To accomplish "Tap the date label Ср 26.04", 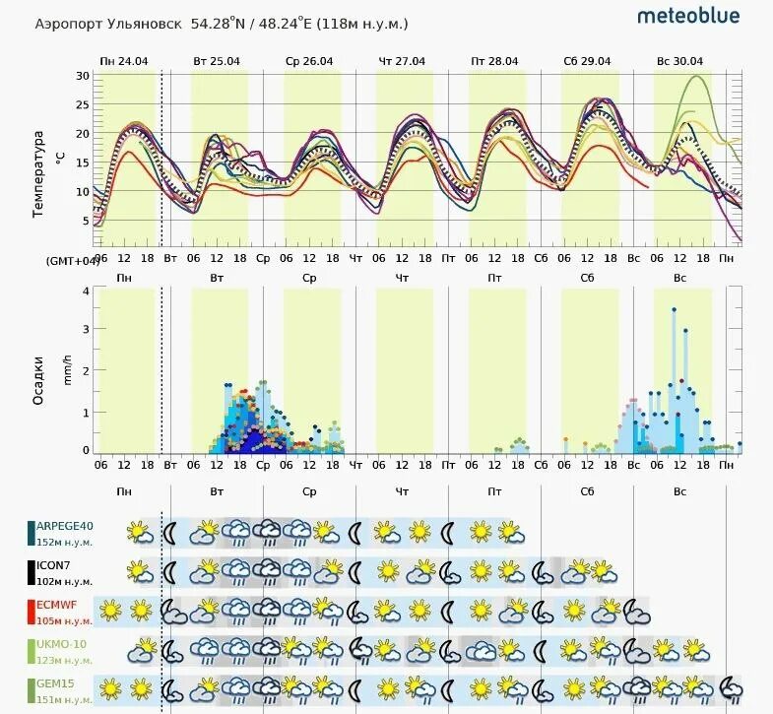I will (309, 61).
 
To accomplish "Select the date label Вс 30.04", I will (679, 61).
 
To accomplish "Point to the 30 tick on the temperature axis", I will (83, 76).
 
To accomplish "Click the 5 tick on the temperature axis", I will (86, 222).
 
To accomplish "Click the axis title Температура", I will (39, 173).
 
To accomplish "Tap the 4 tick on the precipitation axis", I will (86, 291).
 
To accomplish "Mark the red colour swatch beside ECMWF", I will (32, 611).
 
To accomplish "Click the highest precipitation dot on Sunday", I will (674, 309).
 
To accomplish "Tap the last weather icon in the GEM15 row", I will (732, 687).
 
